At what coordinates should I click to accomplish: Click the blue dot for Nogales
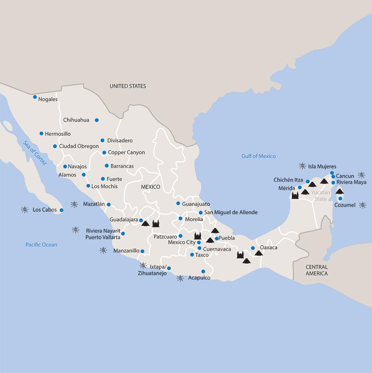coord(35,97)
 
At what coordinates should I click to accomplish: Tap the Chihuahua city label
coord(76,120)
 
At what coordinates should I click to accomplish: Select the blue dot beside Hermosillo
coord(41,134)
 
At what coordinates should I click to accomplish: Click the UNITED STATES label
coord(128,86)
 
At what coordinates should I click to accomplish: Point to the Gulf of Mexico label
coord(259,156)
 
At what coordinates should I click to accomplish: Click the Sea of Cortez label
coord(35,153)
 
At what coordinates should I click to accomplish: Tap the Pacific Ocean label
coord(41,245)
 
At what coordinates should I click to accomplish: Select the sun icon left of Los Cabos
coord(25,210)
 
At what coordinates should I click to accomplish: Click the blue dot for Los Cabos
coord(61,210)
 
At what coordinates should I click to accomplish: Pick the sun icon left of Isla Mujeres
coord(302,166)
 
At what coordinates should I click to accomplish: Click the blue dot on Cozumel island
coord(340,199)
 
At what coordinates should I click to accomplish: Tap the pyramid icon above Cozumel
coord(340,191)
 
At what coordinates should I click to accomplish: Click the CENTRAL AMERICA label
coord(316,270)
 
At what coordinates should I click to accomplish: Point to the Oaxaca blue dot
coord(253,248)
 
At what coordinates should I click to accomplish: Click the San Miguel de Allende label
coord(231,212)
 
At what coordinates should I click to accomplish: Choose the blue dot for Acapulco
coord(203,271)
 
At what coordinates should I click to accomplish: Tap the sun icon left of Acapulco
coord(180,278)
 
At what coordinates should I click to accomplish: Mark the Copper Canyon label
coord(126,152)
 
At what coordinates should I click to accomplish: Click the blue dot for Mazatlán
coord(109,205)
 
